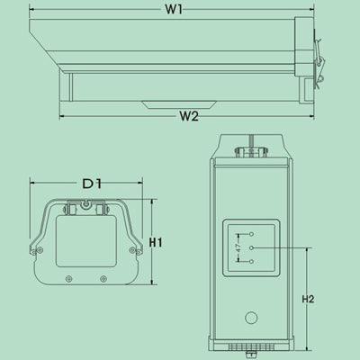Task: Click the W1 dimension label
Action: click(174, 9)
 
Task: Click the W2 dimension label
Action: click(189, 116)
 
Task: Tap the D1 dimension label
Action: click(92, 184)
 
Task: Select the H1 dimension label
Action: click(156, 242)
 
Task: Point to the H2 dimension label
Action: click(308, 299)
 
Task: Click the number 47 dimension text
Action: click(238, 247)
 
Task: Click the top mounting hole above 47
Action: click(252, 234)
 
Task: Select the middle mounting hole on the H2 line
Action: click(252, 247)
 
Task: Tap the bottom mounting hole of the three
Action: click(252, 262)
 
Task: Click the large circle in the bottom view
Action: click(251, 318)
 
